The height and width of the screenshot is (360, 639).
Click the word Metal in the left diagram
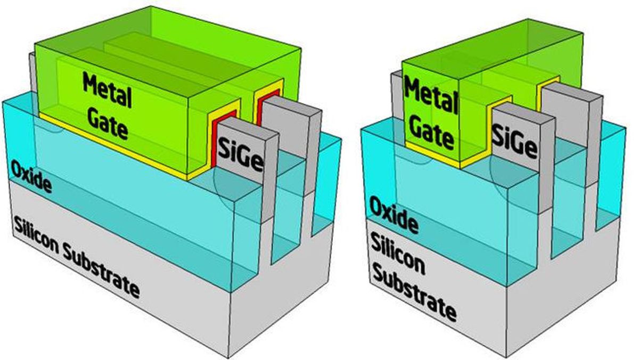106,91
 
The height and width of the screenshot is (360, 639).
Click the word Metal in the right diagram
431,95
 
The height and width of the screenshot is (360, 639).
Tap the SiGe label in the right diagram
514,140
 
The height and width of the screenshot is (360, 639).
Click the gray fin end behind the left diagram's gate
32,77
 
